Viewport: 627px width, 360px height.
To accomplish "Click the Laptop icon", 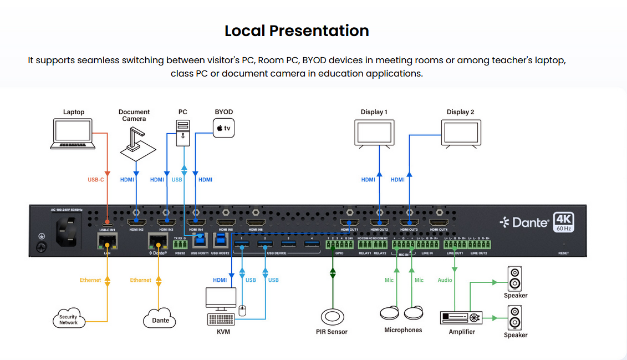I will pyautogui.click(x=73, y=135).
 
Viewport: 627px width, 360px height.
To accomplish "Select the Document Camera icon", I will pyautogui.click(x=135, y=140).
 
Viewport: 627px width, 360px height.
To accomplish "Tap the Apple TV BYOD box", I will pyautogui.click(x=223, y=129).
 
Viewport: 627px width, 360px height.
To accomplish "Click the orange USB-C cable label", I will pyautogui.click(x=95, y=180).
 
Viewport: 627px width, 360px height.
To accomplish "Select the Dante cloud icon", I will pyautogui.click(x=160, y=319).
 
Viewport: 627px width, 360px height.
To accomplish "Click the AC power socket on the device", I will pyautogui.click(x=67, y=228).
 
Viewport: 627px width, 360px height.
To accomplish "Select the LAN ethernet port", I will pyautogui.click(x=107, y=242).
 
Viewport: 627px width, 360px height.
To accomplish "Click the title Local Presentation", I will pyautogui.click(x=297, y=31).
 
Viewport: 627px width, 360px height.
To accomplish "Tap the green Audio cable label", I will pyautogui.click(x=445, y=280).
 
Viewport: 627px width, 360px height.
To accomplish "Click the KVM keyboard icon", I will pyautogui.click(x=220, y=320).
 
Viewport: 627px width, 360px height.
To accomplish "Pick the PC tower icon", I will pyautogui.click(x=183, y=133).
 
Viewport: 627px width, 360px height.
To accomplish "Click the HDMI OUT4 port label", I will pyautogui.click(x=439, y=230).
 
